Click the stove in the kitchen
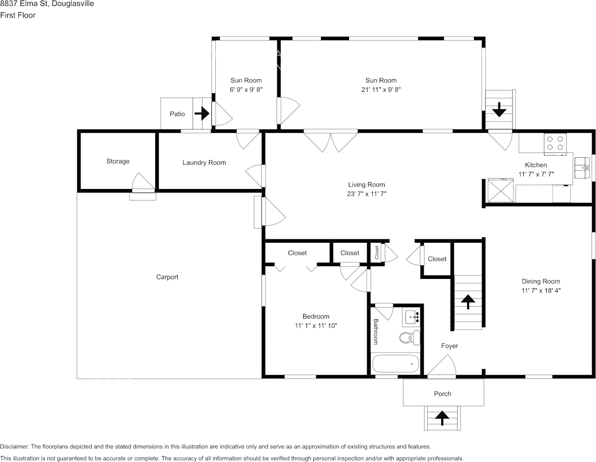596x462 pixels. [x=555, y=143]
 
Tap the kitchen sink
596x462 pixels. [x=582, y=168]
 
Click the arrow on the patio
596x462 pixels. [x=202, y=114]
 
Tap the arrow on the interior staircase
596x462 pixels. [x=468, y=302]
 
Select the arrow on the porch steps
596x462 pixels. [x=442, y=418]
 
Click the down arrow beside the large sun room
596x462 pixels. [x=499, y=109]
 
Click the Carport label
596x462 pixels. [x=167, y=277]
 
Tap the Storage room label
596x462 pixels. [x=118, y=161]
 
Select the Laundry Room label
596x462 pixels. [x=204, y=163]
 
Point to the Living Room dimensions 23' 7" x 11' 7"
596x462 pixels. [x=366, y=194]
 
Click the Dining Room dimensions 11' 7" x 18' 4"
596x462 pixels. [x=540, y=290]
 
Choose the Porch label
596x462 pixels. [x=443, y=394]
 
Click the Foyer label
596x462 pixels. [x=450, y=346]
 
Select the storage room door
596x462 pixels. [x=142, y=183]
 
